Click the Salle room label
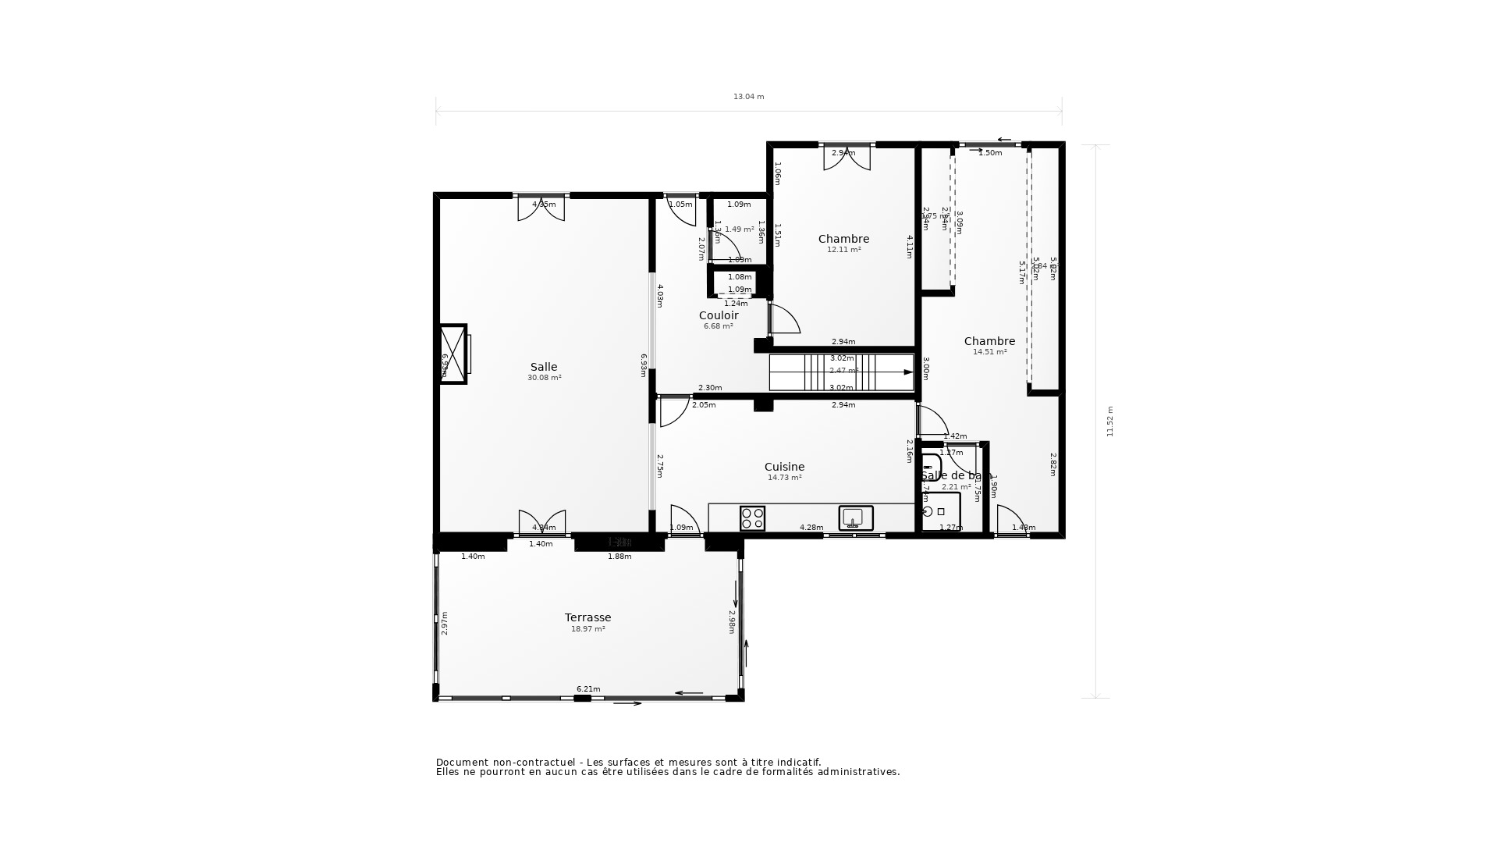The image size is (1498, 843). (x=544, y=367)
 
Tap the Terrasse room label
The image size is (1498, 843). (x=587, y=617)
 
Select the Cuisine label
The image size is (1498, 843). (x=784, y=467)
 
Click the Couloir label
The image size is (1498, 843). (x=718, y=315)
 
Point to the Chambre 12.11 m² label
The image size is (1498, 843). (x=843, y=239)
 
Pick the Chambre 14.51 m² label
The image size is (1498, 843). (x=989, y=341)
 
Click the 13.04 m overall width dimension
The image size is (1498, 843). (x=748, y=97)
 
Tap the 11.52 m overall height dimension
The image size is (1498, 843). (x=1109, y=421)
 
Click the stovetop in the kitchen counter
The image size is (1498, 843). (x=752, y=518)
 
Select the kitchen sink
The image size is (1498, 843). (x=855, y=518)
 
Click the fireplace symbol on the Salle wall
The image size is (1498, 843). (x=453, y=354)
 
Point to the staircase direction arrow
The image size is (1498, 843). (x=907, y=372)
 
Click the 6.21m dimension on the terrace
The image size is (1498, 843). (x=588, y=688)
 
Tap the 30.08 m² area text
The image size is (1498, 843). (x=544, y=378)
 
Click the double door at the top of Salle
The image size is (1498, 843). (x=541, y=208)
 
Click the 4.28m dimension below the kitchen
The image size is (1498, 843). (x=811, y=528)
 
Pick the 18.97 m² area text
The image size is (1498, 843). (x=587, y=629)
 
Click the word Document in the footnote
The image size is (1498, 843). (x=461, y=763)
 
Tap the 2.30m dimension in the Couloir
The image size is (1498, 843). (x=710, y=388)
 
